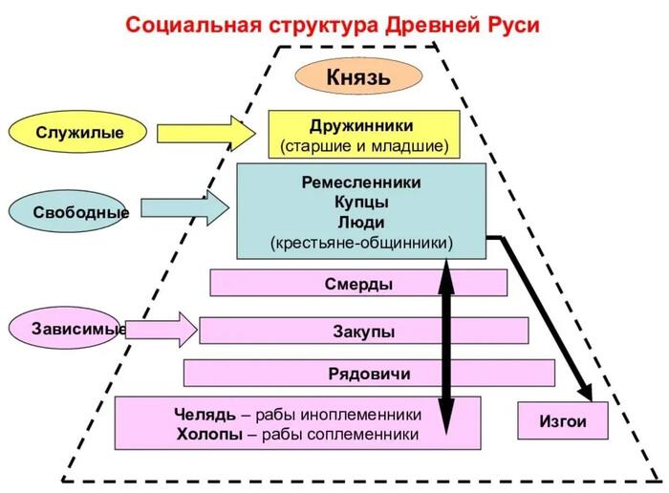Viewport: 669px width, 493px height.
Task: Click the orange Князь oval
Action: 358,76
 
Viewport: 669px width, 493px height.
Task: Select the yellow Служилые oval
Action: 77,132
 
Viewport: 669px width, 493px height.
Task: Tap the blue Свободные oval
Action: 68,211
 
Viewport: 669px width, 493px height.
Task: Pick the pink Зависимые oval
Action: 65,328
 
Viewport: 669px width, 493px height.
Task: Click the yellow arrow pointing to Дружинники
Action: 206,134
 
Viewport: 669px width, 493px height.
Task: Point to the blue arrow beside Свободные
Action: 184,208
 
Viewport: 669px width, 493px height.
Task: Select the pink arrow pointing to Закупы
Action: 162,330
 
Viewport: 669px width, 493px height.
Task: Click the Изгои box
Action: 563,420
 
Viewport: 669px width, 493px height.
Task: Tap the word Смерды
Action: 358,284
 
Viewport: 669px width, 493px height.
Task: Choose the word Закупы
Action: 363,332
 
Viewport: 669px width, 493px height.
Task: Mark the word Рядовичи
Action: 370,374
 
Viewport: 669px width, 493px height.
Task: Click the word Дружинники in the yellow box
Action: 361,126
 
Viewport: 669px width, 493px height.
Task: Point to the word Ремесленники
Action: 361,182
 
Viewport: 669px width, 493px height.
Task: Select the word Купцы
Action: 361,203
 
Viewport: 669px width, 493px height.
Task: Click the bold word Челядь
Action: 205,414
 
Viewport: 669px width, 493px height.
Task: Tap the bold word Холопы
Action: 210,434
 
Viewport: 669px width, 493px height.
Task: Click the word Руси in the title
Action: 513,25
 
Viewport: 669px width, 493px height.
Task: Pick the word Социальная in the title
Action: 193,25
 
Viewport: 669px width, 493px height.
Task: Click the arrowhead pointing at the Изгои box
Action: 586,392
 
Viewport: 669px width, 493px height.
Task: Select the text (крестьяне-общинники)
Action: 361,243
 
